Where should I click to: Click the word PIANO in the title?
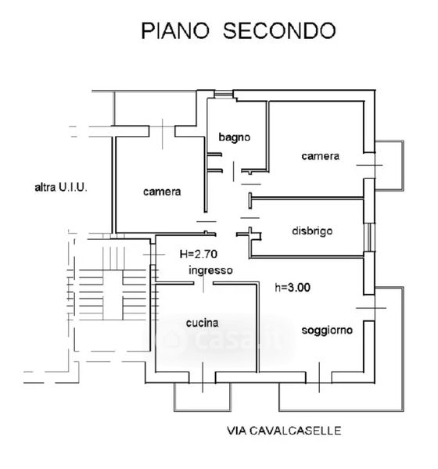point(175,30)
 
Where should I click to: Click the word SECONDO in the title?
point(279,30)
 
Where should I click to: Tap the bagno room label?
point(235,138)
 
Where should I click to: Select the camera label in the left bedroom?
point(162,192)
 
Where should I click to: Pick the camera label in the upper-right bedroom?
point(321,156)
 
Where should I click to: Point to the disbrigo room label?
point(312,231)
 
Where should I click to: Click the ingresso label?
point(210,270)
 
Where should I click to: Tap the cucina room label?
point(203,323)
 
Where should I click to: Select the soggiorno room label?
point(327,330)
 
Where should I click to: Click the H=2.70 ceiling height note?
point(199,254)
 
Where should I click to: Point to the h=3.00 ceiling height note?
point(293,288)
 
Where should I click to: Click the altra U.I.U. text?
point(61,188)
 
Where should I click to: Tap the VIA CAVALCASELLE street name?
point(284,431)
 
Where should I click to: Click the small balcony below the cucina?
point(203,396)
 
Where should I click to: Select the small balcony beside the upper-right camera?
point(390,166)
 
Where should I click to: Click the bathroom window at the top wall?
point(224,94)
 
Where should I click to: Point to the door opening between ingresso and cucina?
point(203,283)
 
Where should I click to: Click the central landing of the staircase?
point(113,295)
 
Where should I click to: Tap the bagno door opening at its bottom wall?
point(232,171)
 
